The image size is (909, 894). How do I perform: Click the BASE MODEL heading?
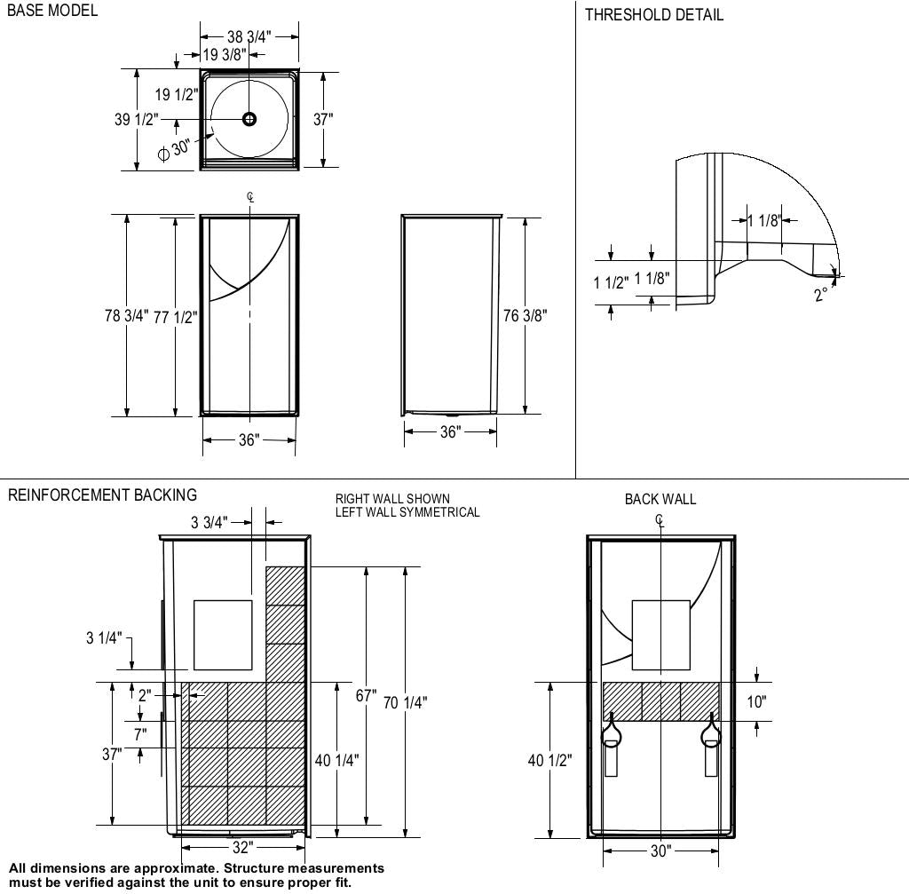pyautogui.click(x=52, y=12)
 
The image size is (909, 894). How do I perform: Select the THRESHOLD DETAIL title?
pyautogui.click(x=653, y=14)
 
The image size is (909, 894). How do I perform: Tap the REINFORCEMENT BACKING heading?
pyautogui.click(x=102, y=495)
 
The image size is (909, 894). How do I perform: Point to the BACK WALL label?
pyautogui.click(x=660, y=499)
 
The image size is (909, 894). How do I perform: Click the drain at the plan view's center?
pyautogui.click(x=249, y=118)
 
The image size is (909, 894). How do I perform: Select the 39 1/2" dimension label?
pyautogui.click(x=136, y=119)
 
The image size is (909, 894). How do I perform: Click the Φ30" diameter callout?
pyautogui.click(x=175, y=149)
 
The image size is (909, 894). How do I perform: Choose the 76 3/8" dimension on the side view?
pyautogui.click(x=525, y=315)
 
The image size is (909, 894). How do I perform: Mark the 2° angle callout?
pyautogui.click(x=821, y=294)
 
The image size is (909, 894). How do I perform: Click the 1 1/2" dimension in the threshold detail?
pyautogui.click(x=611, y=282)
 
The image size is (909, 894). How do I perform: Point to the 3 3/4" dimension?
pyautogui.click(x=209, y=522)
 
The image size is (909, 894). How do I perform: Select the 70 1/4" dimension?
pyautogui.click(x=406, y=703)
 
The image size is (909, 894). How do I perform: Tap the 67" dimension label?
pyautogui.click(x=366, y=695)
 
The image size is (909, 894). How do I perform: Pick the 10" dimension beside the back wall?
pyautogui.click(x=755, y=701)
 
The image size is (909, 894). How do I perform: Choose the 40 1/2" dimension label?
pyautogui.click(x=549, y=760)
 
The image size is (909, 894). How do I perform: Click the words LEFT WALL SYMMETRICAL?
pyautogui.click(x=407, y=512)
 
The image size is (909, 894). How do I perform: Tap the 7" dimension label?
pyautogui.click(x=140, y=734)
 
